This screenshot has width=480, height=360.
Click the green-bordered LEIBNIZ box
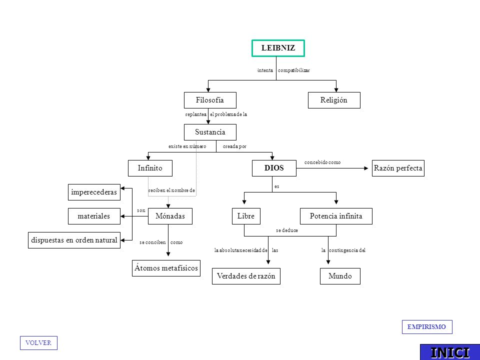278,48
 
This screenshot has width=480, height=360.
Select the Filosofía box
210,100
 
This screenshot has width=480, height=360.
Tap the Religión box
334,100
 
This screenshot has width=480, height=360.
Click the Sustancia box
210,132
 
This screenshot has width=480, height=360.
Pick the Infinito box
150,168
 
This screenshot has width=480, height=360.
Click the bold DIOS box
274,168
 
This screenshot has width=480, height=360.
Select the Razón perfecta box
398,168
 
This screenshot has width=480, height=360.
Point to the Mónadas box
170,216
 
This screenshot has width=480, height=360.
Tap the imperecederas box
94,192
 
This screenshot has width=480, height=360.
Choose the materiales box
94,216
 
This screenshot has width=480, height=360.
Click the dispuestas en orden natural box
74,240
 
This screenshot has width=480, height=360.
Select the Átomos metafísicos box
166,268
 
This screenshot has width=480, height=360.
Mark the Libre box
246,216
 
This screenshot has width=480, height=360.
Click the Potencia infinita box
336,216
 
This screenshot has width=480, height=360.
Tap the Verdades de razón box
246,276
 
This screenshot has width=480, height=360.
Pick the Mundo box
340,276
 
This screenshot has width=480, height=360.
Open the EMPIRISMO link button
427,327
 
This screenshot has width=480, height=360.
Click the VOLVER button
38,343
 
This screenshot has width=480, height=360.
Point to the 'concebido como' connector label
322,162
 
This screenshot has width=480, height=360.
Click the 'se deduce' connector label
287,230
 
